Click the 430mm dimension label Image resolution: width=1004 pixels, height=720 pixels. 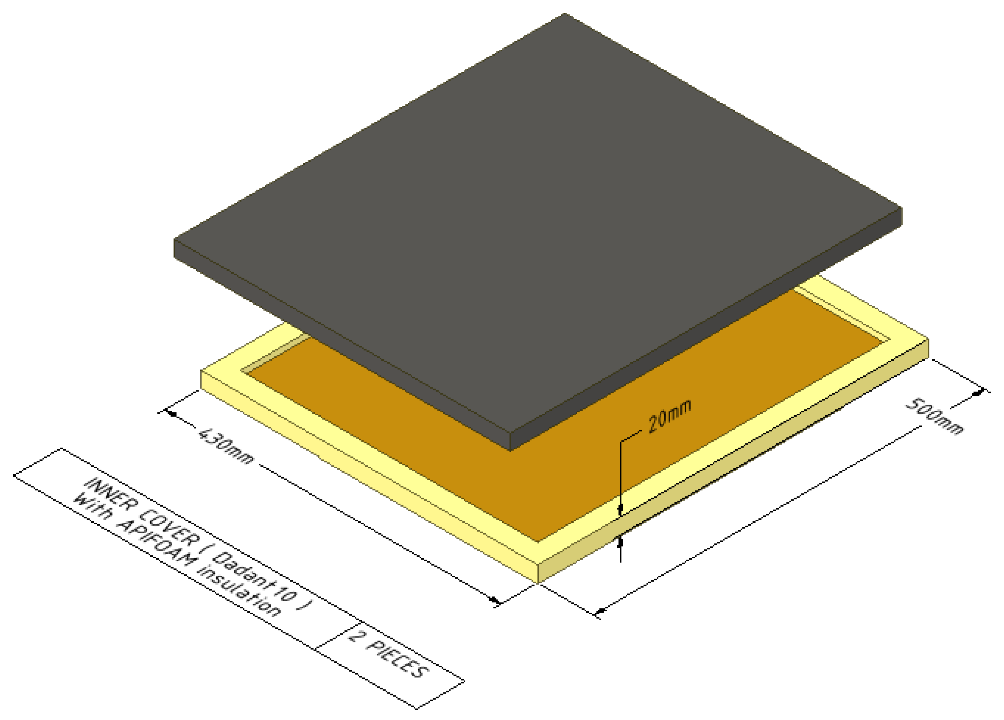(226, 445)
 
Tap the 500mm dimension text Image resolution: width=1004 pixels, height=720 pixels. (933, 417)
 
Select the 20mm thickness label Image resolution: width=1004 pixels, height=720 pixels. (669, 416)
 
